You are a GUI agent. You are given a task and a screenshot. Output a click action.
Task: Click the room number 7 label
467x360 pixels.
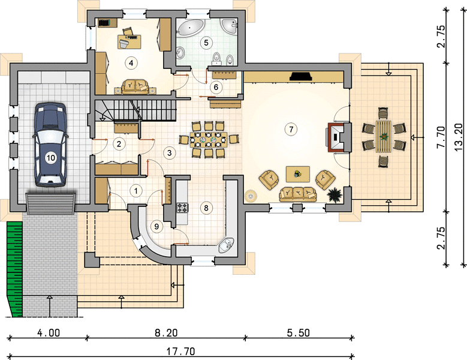[291, 130]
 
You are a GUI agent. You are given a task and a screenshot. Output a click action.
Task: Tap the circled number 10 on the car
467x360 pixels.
[50, 157]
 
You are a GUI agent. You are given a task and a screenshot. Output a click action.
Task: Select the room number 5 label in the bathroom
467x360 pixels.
[206, 43]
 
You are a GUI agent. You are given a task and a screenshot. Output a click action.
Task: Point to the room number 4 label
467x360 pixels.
[131, 63]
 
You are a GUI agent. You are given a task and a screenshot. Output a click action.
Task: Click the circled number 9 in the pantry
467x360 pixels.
[156, 227]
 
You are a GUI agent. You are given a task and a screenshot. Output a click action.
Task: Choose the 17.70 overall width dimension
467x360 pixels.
[180, 352]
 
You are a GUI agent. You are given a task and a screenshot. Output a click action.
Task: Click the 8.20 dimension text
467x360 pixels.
[166, 332]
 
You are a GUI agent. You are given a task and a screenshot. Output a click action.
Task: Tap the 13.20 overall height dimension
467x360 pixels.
[459, 137]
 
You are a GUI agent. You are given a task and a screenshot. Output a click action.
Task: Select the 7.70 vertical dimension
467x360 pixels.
[441, 137]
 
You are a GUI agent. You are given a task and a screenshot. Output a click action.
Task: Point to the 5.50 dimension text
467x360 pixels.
[299, 332]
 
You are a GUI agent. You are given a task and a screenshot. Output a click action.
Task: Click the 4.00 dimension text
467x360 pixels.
[49, 332]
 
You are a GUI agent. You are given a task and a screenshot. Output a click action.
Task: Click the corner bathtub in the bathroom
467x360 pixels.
[191, 27]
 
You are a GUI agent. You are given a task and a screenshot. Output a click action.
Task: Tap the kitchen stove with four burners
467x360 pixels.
[183, 208]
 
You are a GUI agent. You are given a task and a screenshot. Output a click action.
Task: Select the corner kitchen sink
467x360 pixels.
[227, 245]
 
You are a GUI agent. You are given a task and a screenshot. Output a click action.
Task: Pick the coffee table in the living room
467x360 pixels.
[298, 174]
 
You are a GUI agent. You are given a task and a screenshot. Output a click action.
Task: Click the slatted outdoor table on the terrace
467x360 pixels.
[384, 136]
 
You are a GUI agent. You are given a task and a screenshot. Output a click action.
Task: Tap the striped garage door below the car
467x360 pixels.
[50, 204]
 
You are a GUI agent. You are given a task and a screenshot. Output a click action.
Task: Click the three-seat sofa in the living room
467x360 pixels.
[298, 194]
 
